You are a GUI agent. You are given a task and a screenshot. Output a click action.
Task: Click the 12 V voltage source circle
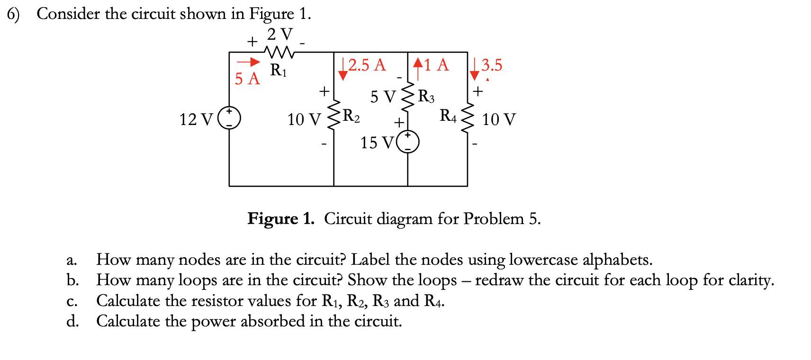click(229, 118)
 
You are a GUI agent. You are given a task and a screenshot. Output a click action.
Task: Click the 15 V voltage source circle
click(407, 142)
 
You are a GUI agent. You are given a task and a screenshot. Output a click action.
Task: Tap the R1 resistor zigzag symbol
click(279, 52)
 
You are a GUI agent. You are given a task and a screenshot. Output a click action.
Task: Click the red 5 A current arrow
click(248, 62)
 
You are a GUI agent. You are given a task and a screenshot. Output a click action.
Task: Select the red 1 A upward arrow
click(417, 69)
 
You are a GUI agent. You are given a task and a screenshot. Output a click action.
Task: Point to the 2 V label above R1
click(280, 34)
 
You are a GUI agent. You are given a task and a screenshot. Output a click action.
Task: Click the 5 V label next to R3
click(382, 97)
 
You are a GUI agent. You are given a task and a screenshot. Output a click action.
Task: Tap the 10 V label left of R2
click(304, 119)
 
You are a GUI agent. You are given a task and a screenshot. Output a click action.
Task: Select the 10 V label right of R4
click(499, 119)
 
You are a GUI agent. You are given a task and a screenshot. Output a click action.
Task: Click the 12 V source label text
click(196, 119)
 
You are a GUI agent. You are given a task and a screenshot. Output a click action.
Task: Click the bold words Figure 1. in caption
click(281, 219)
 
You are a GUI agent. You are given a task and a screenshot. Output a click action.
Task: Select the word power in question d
click(213, 321)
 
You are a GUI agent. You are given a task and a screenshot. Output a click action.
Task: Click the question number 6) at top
click(13, 14)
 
